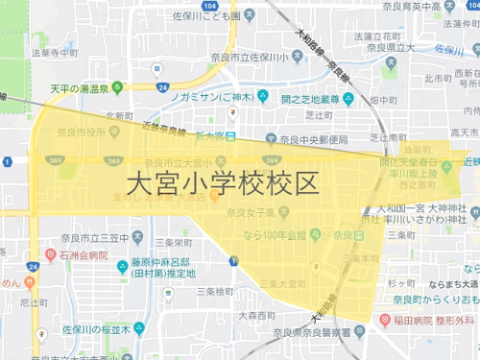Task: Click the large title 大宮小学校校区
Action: point(222,183)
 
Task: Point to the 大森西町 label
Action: point(214,315)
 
